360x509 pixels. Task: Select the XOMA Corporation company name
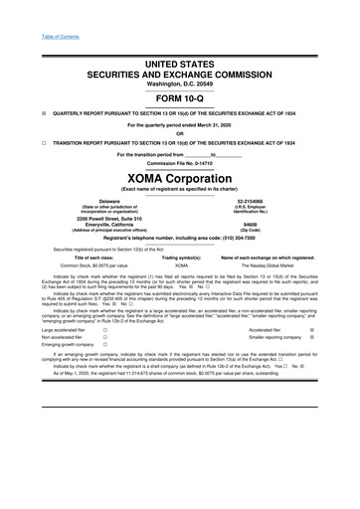pos(179,172)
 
